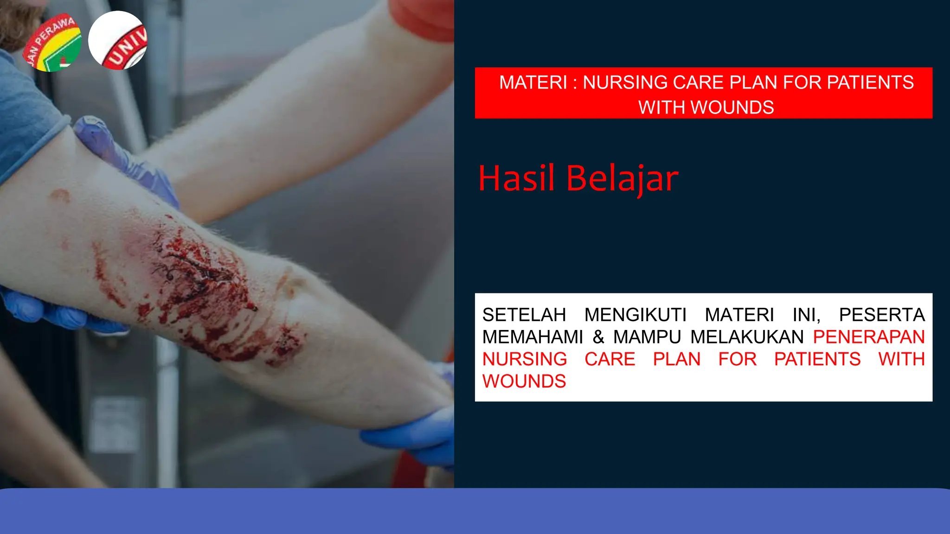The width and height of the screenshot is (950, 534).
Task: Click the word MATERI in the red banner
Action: pos(533,83)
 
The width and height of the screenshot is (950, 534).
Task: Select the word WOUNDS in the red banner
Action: pos(732,108)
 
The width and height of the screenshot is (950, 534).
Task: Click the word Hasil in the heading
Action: pos(516,178)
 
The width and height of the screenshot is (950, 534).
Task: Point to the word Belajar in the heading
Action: pos(622,179)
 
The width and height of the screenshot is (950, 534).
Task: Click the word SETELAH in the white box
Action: pos(524,315)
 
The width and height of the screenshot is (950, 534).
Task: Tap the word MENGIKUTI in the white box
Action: pos(635,315)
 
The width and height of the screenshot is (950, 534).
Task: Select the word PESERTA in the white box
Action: pos(882,315)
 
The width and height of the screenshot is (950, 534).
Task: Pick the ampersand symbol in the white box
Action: pos(598,337)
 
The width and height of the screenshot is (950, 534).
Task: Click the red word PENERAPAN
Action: pos(869,337)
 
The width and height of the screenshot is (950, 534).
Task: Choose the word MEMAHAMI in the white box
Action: pos(533,337)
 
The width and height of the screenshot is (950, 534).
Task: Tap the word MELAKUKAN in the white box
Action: pos(747,337)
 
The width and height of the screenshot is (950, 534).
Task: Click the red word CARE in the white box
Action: pos(610,359)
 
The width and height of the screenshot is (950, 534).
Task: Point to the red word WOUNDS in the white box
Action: pos(524,381)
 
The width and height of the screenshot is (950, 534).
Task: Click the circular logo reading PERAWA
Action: pos(52,43)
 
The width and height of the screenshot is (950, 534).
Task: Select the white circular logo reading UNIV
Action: pos(118,41)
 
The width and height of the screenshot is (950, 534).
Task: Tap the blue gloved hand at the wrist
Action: pos(413,436)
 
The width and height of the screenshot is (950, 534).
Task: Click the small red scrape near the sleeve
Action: pos(60,195)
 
